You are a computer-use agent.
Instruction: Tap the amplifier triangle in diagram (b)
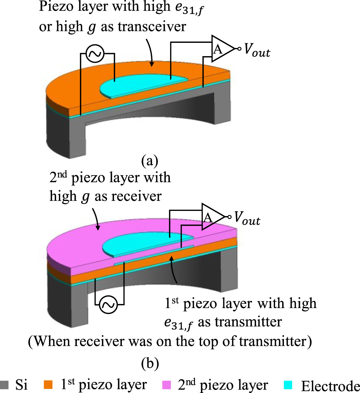coord(211,217)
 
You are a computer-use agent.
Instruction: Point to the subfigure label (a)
coord(150,161)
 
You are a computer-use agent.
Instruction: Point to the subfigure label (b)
coord(150,364)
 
